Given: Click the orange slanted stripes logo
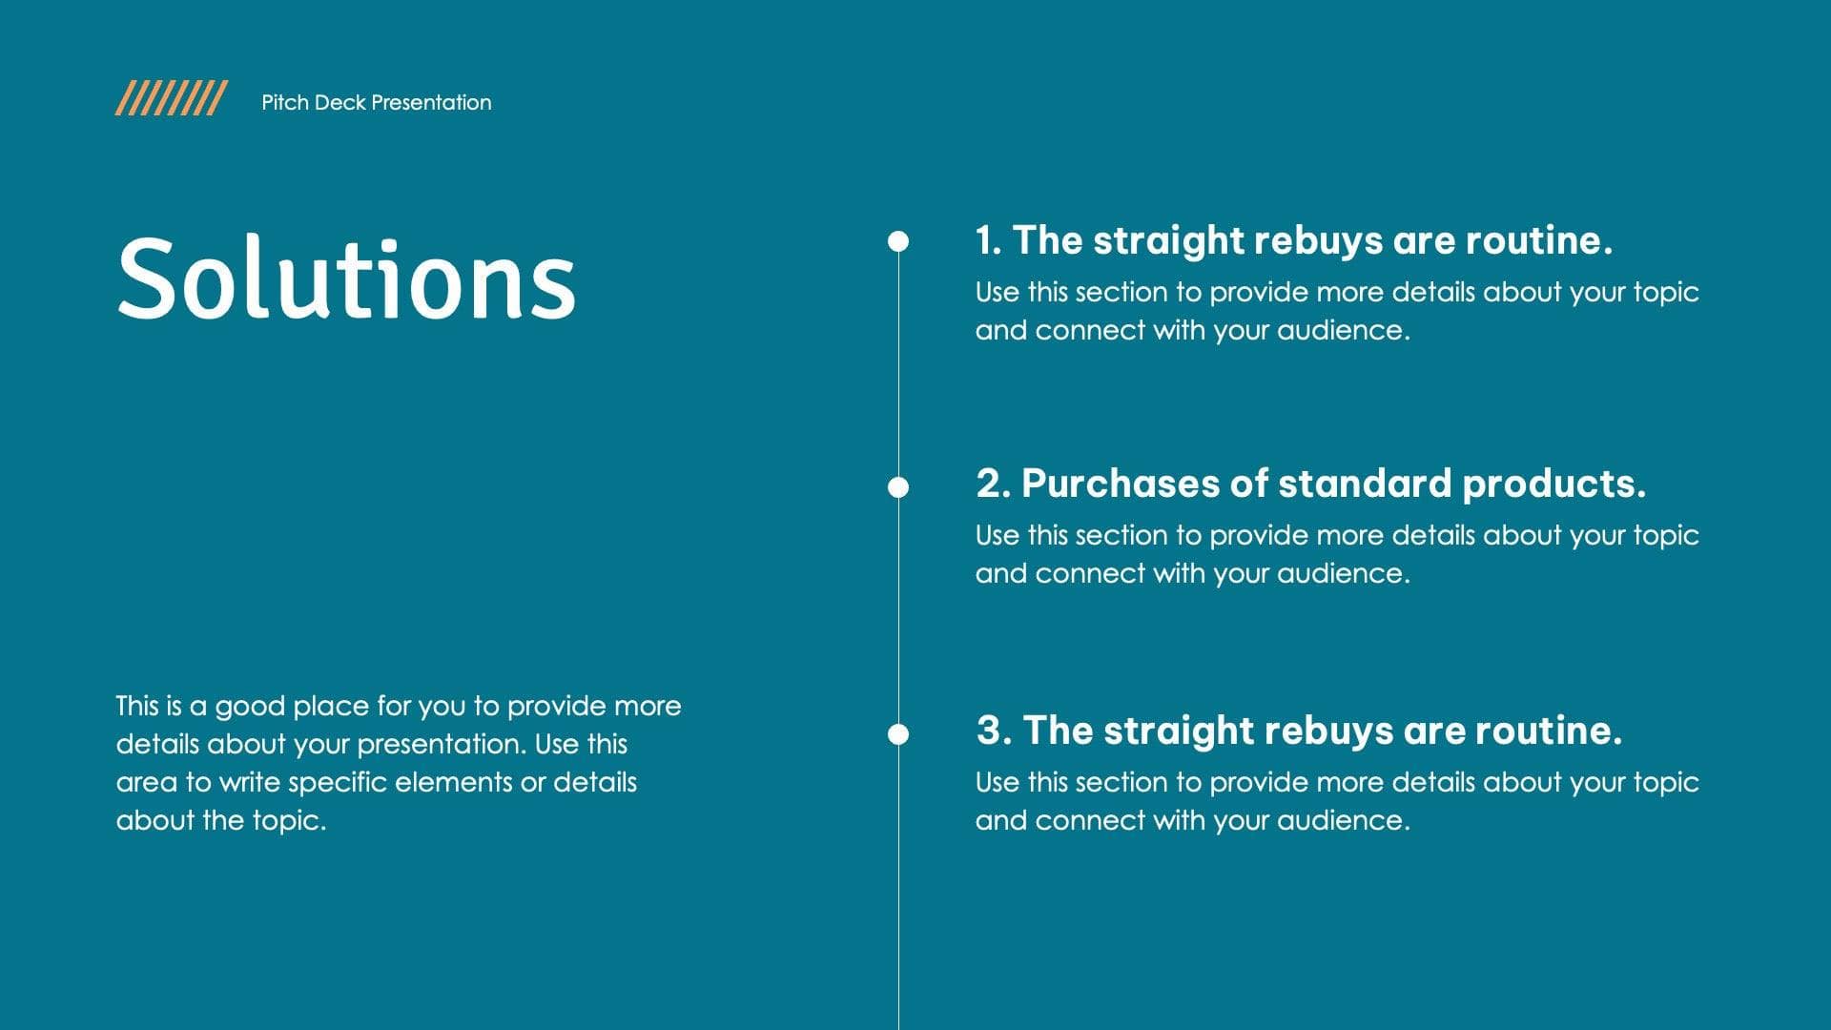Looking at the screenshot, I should pos(172,98).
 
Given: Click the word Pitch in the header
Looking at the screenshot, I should pos(284,103).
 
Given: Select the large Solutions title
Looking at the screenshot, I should pos(346,278).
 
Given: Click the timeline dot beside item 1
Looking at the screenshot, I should pos(898,241).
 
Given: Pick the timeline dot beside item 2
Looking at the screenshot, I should pos(898,487).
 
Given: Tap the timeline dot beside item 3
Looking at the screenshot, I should pos(898,733).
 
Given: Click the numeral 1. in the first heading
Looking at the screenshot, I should pos(988,241).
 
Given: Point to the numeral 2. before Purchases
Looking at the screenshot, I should pos(993,484).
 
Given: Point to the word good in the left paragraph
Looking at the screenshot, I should pos(250,707).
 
